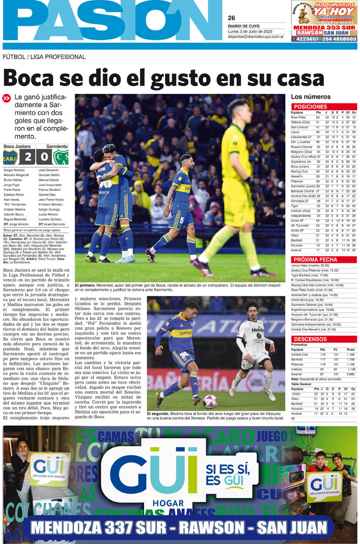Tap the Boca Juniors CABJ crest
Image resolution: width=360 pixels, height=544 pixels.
coord(10,157)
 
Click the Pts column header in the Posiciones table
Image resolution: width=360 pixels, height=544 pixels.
coord(318,112)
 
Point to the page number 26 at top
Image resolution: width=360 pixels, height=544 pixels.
coord(232,18)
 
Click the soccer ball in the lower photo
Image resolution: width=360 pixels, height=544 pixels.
coord(210,401)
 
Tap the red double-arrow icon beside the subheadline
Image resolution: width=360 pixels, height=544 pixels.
coord(7,98)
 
